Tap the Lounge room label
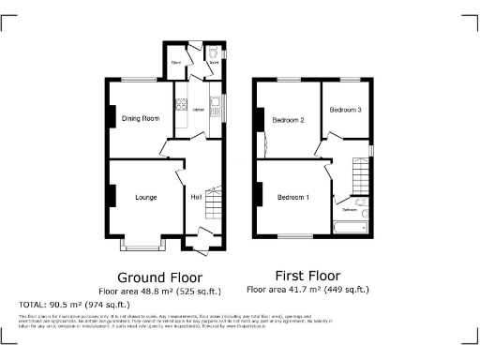pyautogui.click(x=145, y=198)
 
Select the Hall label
pyautogui.click(x=197, y=198)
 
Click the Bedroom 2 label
pyautogui.click(x=289, y=120)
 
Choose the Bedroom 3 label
pyautogui.click(x=344, y=110)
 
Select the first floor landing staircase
pyautogui.click(x=361, y=174)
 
